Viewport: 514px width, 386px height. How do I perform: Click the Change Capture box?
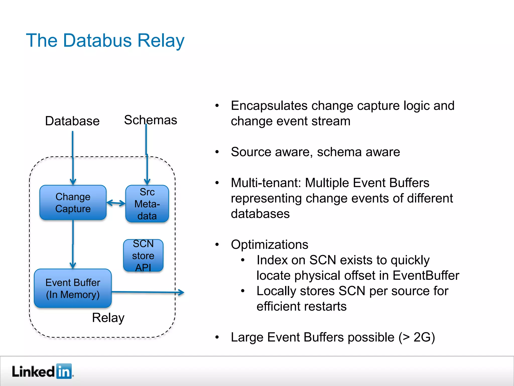pyautogui.click(x=73, y=203)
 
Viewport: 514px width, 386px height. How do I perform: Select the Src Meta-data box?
pyautogui.click(x=147, y=204)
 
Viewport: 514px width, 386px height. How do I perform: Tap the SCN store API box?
pyautogui.click(x=143, y=256)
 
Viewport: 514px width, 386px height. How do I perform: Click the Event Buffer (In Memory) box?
pyautogui.click(x=73, y=288)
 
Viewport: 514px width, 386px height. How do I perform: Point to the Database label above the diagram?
pyautogui.click(x=72, y=121)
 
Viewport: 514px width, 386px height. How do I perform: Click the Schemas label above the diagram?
pyautogui.click(x=151, y=120)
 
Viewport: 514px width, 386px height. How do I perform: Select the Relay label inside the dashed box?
pyautogui.click(x=108, y=318)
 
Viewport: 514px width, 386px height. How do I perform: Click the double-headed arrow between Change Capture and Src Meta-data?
pyautogui.click(x=116, y=203)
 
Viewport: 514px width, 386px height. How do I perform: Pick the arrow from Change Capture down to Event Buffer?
pyautogui.click(x=73, y=244)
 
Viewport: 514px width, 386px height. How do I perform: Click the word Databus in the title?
pyautogui.click(x=97, y=40)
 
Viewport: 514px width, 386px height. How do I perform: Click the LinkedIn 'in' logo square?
pyautogui.click(x=64, y=371)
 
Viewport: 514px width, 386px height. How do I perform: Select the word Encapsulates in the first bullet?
pyautogui.click(x=269, y=106)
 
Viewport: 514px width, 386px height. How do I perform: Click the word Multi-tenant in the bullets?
pyautogui.click(x=266, y=183)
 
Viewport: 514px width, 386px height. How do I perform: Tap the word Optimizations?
pyautogui.click(x=270, y=245)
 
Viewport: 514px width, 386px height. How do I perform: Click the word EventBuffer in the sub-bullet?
pyautogui.click(x=426, y=275)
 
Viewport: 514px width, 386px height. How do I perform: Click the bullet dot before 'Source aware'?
pyautogui.click(x=217, y=152)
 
